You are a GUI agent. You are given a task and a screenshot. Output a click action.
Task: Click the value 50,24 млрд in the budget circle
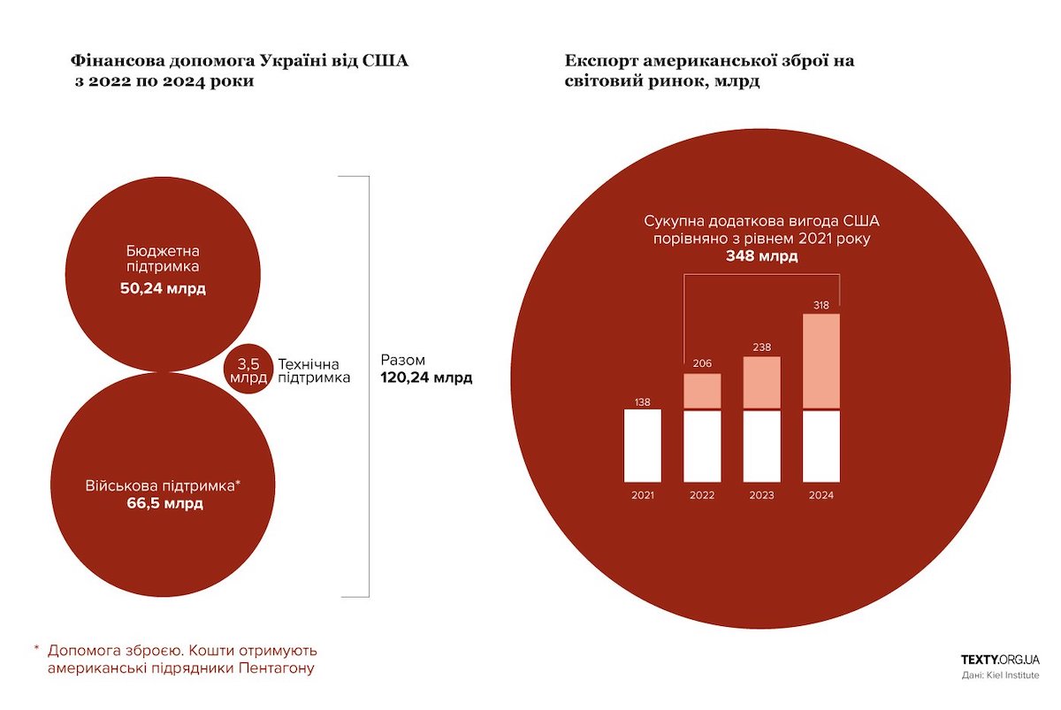tap(163, 289)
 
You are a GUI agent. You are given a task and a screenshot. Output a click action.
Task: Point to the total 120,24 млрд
tap(426, 378)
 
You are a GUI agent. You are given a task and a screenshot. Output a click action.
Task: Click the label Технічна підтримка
tap(314, 370)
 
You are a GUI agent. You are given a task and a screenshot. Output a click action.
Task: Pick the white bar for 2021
tap(643, 446)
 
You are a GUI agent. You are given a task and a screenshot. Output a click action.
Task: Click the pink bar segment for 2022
tap(703, 391)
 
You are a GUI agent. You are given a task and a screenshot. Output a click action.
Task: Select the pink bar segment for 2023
tap(761, 382)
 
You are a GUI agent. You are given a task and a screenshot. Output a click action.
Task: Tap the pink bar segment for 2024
tap(821, 361)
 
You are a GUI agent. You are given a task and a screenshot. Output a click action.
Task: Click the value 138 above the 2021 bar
tap(643, 402)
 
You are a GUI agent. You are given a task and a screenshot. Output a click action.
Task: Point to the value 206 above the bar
tap(702, 363)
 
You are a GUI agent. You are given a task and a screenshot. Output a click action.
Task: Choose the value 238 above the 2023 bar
tap(761, 347)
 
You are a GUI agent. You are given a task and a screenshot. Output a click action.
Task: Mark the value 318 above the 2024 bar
tap(821, 305)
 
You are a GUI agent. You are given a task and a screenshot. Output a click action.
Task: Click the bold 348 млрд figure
tap(761, 257)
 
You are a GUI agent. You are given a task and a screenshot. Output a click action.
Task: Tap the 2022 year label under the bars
tap(702, 495)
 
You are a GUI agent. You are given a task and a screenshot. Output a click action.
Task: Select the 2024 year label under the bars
tap(821, 495)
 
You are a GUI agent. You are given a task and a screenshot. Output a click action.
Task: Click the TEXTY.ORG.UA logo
tap(1000, 659)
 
